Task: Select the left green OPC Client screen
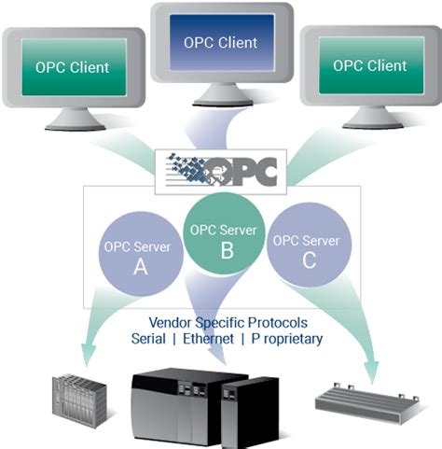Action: pos(72,68)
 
